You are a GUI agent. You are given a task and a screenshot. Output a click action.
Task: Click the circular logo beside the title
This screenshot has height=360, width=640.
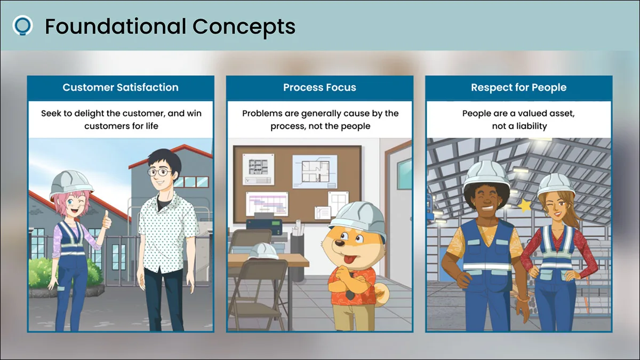point(22,26)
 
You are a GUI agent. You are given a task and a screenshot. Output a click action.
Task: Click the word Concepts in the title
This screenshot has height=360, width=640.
point(244,27)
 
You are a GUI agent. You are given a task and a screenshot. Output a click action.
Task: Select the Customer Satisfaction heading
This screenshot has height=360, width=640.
point(121,87)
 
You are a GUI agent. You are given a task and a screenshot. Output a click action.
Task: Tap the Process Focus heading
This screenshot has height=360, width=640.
point(319,87)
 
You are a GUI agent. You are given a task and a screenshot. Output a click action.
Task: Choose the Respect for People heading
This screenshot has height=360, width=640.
point(518,87)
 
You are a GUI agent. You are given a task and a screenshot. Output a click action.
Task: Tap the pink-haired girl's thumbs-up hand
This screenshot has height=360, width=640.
point(107,220)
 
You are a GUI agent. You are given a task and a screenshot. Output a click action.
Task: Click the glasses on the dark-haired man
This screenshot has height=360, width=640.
point(159,172)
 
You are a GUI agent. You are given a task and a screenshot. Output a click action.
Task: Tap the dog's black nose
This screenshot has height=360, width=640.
point(340,243)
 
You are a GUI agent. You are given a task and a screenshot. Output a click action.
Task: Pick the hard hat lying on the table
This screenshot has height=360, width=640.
point(263,251)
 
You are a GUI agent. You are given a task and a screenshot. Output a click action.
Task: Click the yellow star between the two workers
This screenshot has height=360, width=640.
point(525,205)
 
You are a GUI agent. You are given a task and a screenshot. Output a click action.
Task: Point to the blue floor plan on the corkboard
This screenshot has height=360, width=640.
point(315,171)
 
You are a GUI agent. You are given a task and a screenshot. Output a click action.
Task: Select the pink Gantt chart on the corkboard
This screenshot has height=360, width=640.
point(267,204)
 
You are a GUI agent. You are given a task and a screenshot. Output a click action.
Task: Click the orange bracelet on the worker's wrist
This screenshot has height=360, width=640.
point(523,299)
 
